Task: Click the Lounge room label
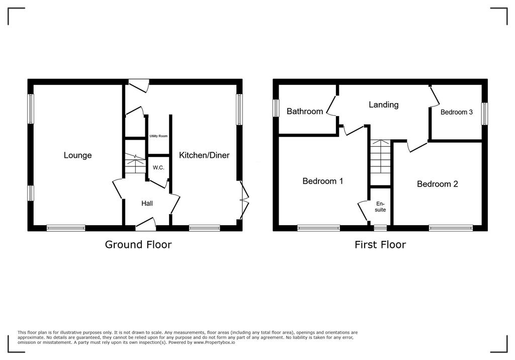[77, 155]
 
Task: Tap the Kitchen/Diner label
[204, 155]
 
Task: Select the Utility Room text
[158, 136]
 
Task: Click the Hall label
[147, 204]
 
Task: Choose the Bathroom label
[305, 111]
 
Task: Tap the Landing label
[383, 105]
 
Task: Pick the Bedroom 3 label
[456, 112]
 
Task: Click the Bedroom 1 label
[322, 181]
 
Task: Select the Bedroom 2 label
[437, 184]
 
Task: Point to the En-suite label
[380, 206]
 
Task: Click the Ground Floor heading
[138, 245]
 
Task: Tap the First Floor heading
[380, 245]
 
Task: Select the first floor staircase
[381, 157]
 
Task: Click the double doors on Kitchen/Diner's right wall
[243, 200]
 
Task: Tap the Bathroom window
[276, 108]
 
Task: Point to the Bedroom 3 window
[484, 114]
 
